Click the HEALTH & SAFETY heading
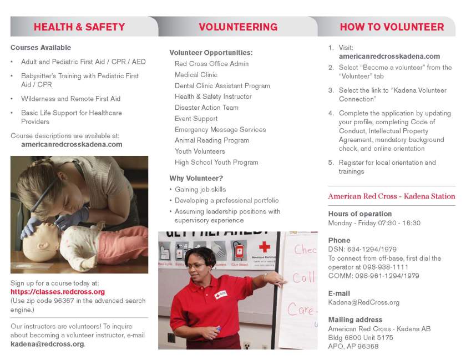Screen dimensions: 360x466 point(79,27)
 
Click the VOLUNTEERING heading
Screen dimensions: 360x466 point(238,27)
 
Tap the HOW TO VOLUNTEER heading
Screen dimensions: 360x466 point(392,27)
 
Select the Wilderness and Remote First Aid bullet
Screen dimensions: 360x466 point(70,99)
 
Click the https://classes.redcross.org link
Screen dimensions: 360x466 point(58,292)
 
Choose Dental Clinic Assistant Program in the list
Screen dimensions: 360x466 point(222,86)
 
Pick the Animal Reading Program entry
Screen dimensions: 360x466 point(212,140)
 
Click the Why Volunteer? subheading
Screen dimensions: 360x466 point(196,179)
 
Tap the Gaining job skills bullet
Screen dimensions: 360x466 point(200,190)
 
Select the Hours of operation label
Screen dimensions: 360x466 point(360,214)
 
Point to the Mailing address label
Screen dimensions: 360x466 point(355,320)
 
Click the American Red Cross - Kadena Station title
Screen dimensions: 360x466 point(391,196)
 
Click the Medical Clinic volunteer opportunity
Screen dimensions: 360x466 point(196,75)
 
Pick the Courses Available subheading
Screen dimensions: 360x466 point(40,48)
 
